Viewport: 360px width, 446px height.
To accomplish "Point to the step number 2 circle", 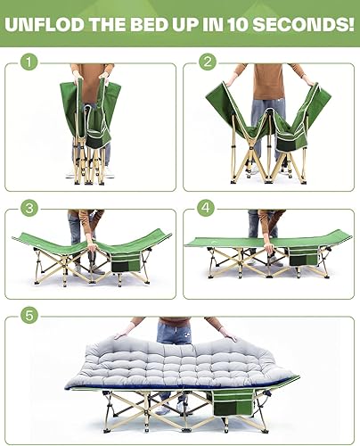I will (x=208, y=62).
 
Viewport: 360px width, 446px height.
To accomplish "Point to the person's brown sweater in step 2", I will (x=267, y=80).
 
